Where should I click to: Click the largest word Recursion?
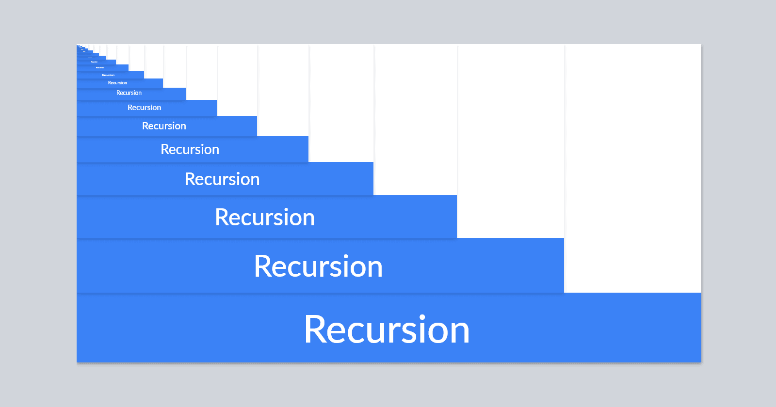pyautogui.click(x=387, y=330)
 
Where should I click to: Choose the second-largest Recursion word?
pyautogui.click(x=318, y=266)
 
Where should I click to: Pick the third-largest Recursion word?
pyautogui.click(x=265, y=218)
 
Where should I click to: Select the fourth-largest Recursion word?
pyautogui.click(x=222, y=179)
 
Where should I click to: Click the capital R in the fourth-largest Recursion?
pyautogui.click(x=190, y=179)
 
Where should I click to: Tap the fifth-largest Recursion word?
pyautogui.click(x=190, y=149)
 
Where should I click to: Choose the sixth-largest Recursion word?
pyautogui.click(x=164, y=126)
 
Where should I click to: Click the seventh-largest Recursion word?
pyautogui.click(x=144, y=108)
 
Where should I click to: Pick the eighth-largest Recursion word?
pyautogui.click(x=129, y=93)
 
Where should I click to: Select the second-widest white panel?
pyautogui.click(x=511, y=141)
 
